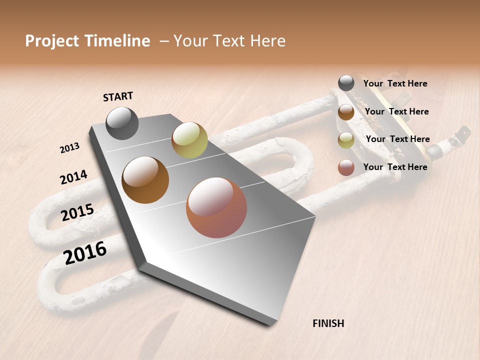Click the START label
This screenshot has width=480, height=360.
[x=118, y=96]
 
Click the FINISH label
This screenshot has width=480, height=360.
[x=328, y=323]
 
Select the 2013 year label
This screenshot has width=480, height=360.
[x=69, y=147]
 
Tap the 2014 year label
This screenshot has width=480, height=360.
[x=73, y=177]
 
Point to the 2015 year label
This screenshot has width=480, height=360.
[x=77, y=212]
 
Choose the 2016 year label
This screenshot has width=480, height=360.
[x=85, y=252]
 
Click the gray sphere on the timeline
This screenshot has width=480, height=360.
[x=122, y=123]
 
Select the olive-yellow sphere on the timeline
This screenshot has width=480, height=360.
[x=189, y=140]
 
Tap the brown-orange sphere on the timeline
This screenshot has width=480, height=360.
[x=145, y=179]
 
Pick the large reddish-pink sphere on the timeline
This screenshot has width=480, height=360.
[x=216, y=207]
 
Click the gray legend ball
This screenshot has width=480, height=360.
[x=346, y=83]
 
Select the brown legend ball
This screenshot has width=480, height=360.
[x=346, y=112]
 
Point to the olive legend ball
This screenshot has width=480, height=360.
[x=346, y=140]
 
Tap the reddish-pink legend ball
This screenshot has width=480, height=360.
[x=346, y=167]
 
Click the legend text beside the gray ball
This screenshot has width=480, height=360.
[x=395, y=83]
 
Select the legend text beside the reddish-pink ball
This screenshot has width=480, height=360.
[x=395, y=167]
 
